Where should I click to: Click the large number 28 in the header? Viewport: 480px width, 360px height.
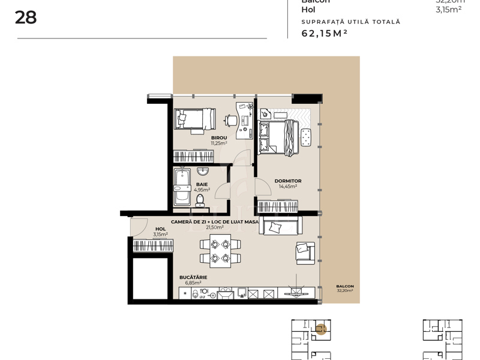click(x=26, y=17)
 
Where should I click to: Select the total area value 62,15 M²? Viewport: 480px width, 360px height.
click(x=325, y=34)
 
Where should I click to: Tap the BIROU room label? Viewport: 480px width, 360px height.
click(x=219, y=138)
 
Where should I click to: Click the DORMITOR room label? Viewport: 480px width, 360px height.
click(x=288, y=181)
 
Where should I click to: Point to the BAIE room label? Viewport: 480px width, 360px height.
click(x=201, y=184)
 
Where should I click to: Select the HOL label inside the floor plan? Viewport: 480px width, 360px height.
click(x=160, y=229)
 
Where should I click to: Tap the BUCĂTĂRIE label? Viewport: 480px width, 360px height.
click(x=193, y=277)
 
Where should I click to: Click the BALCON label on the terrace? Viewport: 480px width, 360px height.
click(x=344, y=286)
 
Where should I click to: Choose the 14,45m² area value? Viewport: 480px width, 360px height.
click(x=288, y=187)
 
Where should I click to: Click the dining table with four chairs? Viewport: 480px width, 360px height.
click(x=219, y=251)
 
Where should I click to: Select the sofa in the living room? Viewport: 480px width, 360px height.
click(x=280, y=226)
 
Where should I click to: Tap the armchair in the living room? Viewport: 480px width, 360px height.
click(x=304, y=251)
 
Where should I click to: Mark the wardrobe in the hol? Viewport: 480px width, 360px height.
click(x=153, y=245)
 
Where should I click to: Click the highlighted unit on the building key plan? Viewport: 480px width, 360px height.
click(x=321, y=328)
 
